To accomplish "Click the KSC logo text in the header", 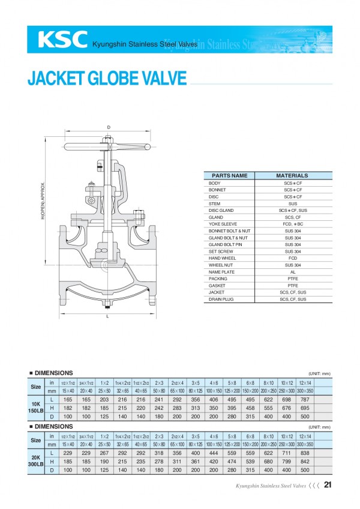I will (62, 39).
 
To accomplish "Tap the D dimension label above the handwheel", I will (109, 127).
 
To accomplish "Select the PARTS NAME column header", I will (230, 176).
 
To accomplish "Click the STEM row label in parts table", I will (214, 203).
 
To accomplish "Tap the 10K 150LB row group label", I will (37, 406).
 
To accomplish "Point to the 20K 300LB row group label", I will (37, 461).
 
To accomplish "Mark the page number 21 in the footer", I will (328, 484).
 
